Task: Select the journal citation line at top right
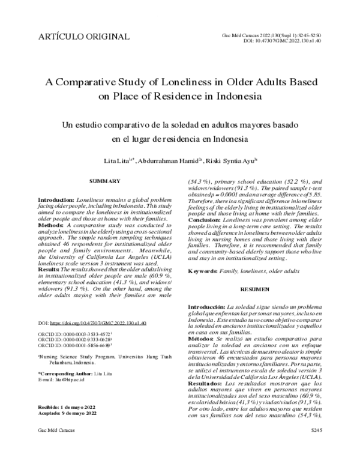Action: pos(271,35)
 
